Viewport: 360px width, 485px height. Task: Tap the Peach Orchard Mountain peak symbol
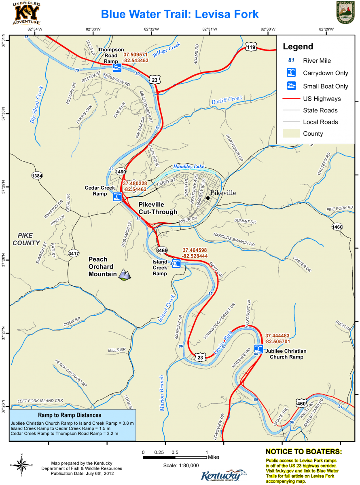click(x=125, y=275)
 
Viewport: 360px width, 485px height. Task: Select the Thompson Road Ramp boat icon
click(x=117, y=67)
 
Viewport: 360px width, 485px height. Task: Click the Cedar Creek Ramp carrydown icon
click(x=117, y=197)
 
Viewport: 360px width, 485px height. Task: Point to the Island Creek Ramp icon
click(x=176, y=264)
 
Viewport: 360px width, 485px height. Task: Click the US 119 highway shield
click(x=251, y=47)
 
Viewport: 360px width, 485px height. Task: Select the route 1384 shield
click(x=37, y=176)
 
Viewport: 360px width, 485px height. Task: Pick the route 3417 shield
click(x=74, y=253)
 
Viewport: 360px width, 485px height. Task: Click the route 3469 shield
click(x=162, y=251)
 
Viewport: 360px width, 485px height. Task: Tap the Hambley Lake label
click(x=189, y=167)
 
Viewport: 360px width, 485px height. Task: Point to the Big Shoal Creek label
click(x=36, y=104)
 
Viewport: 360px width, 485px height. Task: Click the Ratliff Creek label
click(x=227, y=100)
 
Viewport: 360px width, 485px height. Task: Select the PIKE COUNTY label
click(x=26, y=239)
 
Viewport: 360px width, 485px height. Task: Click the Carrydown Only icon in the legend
click(x=291, y=73)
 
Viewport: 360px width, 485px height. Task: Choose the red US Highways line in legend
click(x=291, y=99)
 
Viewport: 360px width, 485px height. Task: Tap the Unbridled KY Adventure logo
click(x=27, y=13)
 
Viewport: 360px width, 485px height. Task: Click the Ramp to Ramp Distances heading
click(x=70, y=415)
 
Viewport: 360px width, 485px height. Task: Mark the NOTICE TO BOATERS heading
click(x=303, y=451)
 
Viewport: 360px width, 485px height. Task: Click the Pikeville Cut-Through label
click(x=158, y=208)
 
